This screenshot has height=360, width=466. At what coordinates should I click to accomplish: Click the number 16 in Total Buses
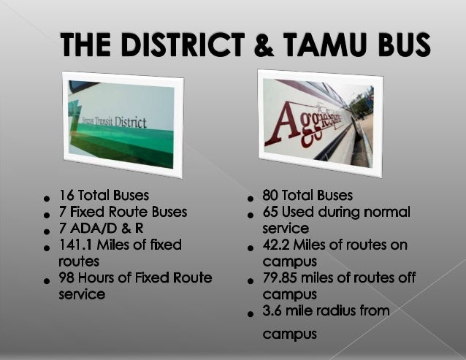click(66, 196)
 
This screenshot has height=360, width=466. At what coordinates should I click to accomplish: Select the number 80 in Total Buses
click(271, 196)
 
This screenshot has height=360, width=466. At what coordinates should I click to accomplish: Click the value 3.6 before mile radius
click(272, 311)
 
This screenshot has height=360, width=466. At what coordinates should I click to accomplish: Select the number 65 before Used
click(270, 212)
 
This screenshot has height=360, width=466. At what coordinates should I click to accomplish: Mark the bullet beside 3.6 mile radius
click(251, 314)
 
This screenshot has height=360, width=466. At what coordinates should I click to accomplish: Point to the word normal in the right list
click(387, 212)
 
